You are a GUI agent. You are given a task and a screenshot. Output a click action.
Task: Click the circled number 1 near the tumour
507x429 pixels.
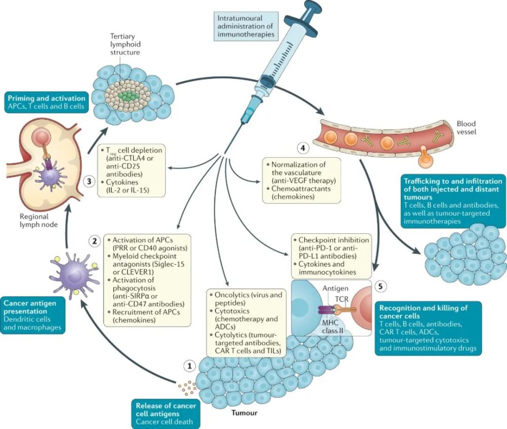point(190,365)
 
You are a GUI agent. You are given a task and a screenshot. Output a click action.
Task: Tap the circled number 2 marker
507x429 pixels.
point(94,241)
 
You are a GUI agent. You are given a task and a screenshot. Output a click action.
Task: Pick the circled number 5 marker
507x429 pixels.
point(380,285)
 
